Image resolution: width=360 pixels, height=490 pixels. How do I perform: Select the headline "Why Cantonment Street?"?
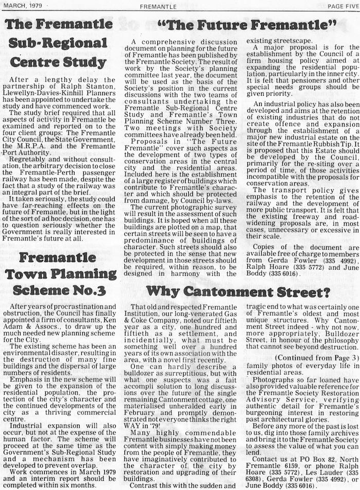click(237, 292)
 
